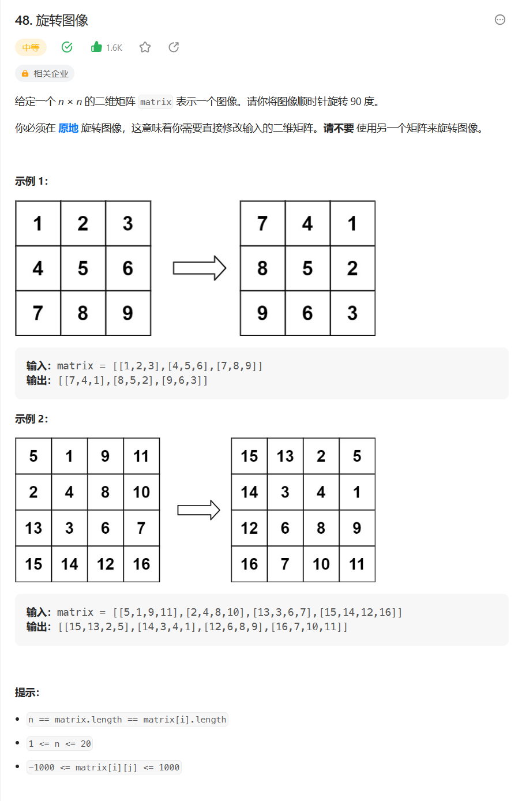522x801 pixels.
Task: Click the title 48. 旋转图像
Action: (51, 20)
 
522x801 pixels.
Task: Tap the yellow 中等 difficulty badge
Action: (31, 47)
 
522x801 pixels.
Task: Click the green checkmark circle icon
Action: (67, 47)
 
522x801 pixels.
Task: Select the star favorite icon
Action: (145, 47)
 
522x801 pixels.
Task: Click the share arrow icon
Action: (174, 47)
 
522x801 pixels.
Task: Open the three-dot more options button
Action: (500, 20)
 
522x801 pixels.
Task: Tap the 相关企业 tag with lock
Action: (45, 73)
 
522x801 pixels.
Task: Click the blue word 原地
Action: (68, 128)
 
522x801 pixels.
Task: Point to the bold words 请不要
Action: (338, 128)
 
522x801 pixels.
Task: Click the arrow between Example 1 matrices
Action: (200, 268)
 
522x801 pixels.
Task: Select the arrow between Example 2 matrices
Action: (198, 510)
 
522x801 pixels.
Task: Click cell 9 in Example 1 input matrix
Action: (127, 313)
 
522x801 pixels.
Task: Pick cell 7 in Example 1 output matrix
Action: (262, 224)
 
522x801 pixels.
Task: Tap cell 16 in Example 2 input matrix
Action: (141, 564)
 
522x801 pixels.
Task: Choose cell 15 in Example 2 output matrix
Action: (249, 456)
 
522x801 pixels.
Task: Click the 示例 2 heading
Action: (31, 419)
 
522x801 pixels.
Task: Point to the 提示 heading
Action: (27, 693)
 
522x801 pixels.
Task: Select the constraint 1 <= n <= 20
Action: (59, 743)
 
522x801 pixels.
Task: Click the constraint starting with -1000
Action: (104, 768)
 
